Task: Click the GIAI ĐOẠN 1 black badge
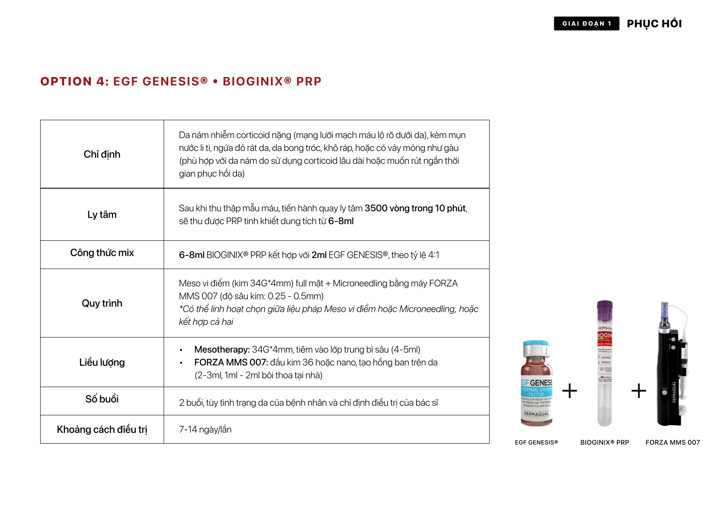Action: (586, 24)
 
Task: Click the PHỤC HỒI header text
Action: (654, 24)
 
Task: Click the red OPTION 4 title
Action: (181, 81)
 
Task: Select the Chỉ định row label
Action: (102, 154)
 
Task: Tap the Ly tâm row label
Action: (102, 215)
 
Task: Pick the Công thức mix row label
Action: (102, 253)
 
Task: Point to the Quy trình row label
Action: (102, 303)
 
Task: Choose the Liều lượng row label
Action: (102, 362)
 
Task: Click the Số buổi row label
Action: (102, 399)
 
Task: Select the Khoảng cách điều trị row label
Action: (102, 429)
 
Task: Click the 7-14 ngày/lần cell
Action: (205, 429)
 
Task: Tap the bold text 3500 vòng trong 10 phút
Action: (415, 208)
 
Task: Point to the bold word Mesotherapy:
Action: (222, 349)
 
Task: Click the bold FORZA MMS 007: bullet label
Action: (231, 362)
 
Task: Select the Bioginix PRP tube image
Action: (605, 364)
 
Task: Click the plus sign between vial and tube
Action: (569, 391)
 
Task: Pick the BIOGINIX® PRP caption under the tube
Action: (605, 442)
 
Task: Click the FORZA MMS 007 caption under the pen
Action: (672, 442)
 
